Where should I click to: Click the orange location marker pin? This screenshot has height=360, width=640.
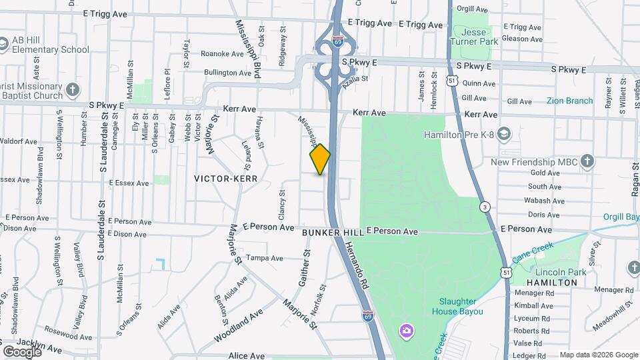pyautogui.click(x=320, y=159)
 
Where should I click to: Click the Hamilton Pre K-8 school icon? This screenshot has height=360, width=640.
pyautogui.click(x=504, y=135)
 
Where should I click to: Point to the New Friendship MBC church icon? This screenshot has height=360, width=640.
pyautogui.click(x=587, y=161)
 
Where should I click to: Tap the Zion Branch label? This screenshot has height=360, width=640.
pyautogui.click(x=569, y=101)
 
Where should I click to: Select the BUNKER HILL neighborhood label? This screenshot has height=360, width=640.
pyautogui.click(x=332, y=233)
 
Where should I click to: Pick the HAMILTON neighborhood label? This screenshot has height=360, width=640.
pyautogui.click(x=551, y=283)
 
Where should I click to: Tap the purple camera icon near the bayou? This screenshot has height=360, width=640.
pyautogui.click(x=405, y=331)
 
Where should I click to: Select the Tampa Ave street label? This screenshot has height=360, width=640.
pyautogui.click(x=261, y=258)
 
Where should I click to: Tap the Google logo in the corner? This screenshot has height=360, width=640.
pyautogui.click(x=22, y=351)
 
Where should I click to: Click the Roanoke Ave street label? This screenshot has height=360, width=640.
pyautogui.click(x=223, y=54)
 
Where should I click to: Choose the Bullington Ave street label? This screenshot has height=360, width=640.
pyautogui.click(x=228, y=72)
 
